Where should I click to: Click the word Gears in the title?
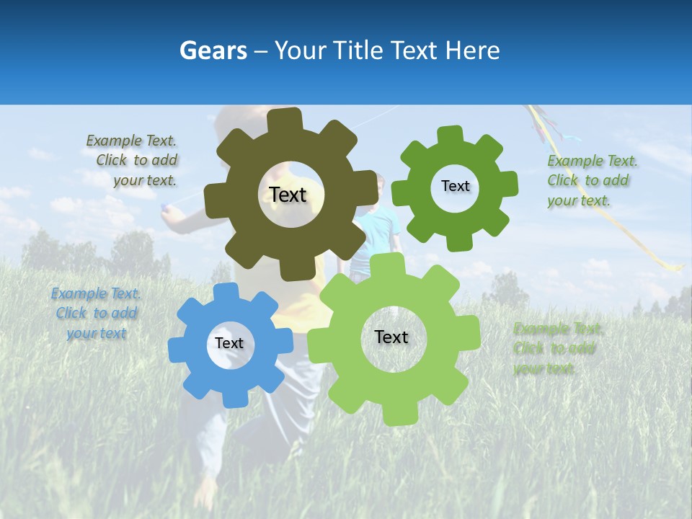[x=213, y=50]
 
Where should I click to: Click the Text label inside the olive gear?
[x=288, y=195]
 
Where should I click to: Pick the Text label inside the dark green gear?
[x=455, y=186]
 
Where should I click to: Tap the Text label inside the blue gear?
[x=229, y=343]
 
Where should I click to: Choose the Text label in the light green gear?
[x=391, y=337]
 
